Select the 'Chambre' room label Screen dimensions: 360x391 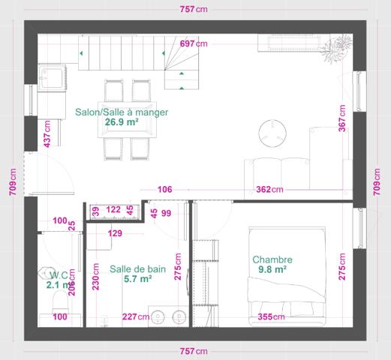(x=272, y=259)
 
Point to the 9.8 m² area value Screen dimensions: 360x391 (x=272, y=270)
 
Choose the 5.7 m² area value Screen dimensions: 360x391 (x=137, y=278)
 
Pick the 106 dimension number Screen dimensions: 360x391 (x=165, y=189)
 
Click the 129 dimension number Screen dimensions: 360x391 (x=115, y=234)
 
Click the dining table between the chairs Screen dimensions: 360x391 (x=131, y=120)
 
